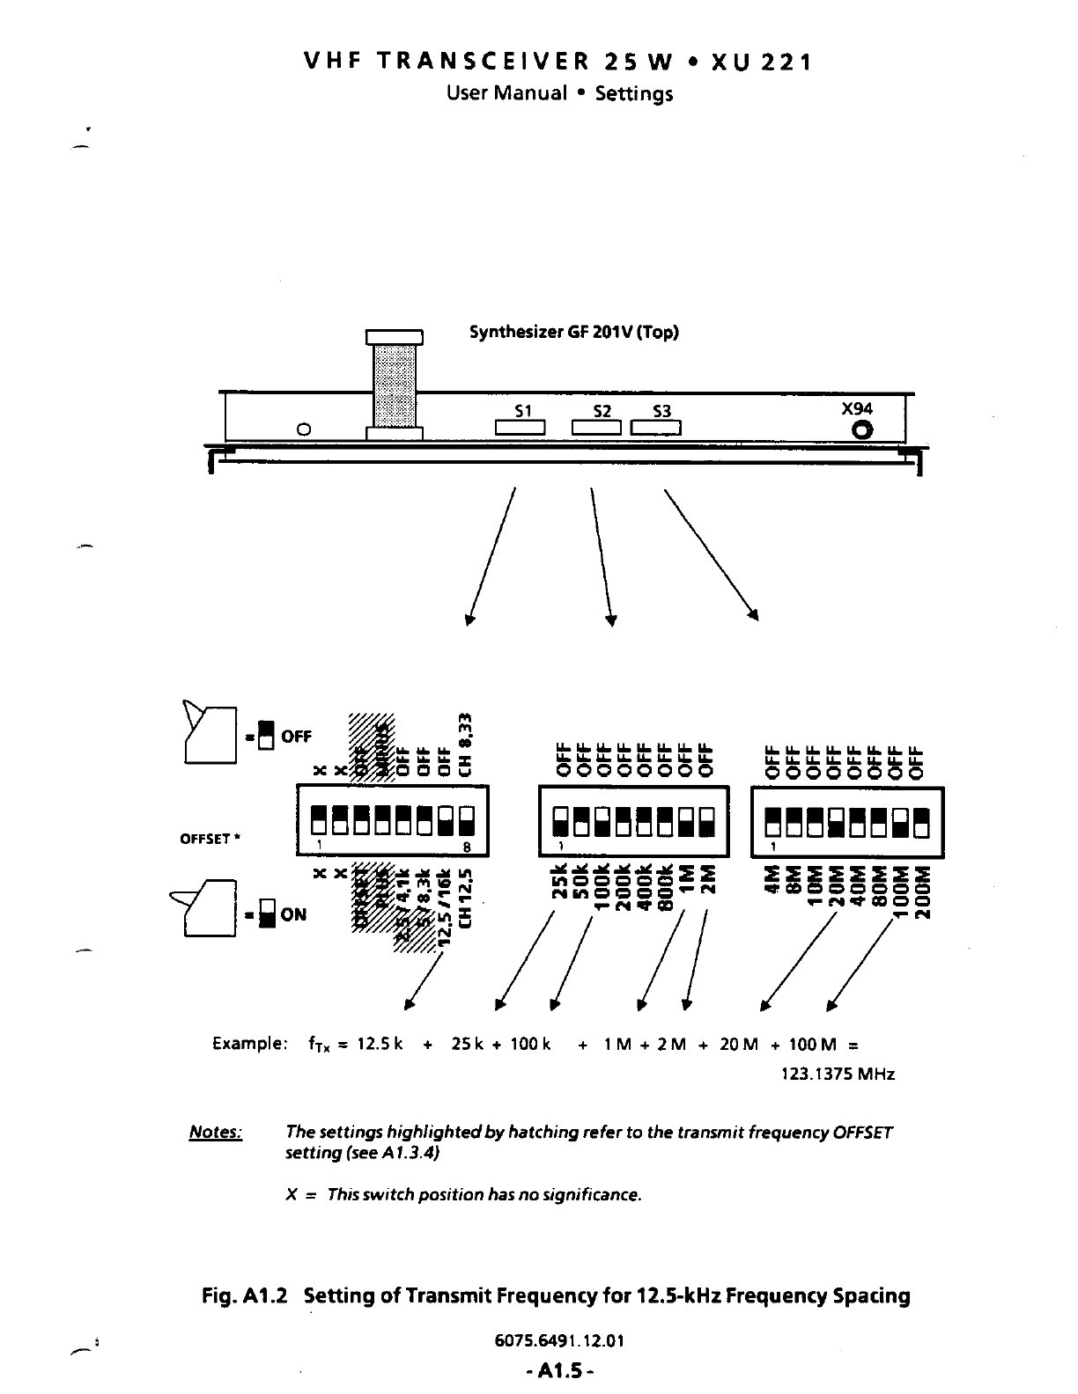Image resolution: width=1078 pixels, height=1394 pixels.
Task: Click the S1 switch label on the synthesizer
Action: tap(523, 410)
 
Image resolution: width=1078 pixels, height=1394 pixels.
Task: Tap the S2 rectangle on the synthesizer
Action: tap(598, 429)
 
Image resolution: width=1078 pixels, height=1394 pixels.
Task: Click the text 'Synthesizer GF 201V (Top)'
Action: tap(574, 333)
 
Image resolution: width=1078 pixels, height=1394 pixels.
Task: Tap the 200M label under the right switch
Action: tap(922, 891)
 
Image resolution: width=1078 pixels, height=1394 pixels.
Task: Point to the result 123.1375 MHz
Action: tap(838, 1075)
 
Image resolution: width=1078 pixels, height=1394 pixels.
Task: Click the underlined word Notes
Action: tap(216, 1132)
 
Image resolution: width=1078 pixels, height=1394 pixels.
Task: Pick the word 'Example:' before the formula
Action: tap(249, 1045)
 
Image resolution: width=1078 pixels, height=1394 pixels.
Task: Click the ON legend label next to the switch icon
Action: tap(293, 914)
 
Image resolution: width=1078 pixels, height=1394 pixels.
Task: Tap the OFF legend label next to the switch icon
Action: tap(296, 737)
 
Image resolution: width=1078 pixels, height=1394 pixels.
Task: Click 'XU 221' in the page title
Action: tap(761, 62)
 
